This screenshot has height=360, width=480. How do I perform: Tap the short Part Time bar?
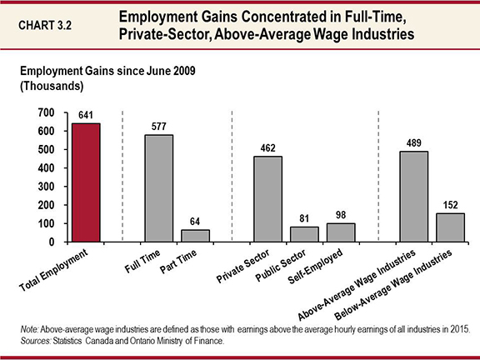pos(196,236)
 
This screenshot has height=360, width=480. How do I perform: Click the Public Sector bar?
pos(304,234)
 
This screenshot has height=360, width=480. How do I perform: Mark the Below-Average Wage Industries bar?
pos(450,227)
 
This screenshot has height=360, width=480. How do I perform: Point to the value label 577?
pos(159,127)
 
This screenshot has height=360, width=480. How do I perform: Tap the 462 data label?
pos(268,147)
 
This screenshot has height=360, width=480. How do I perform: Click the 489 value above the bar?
pos(414,142)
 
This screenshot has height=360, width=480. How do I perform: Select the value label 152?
pos(450,204)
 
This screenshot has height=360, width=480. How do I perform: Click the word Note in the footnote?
pos(31,330)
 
